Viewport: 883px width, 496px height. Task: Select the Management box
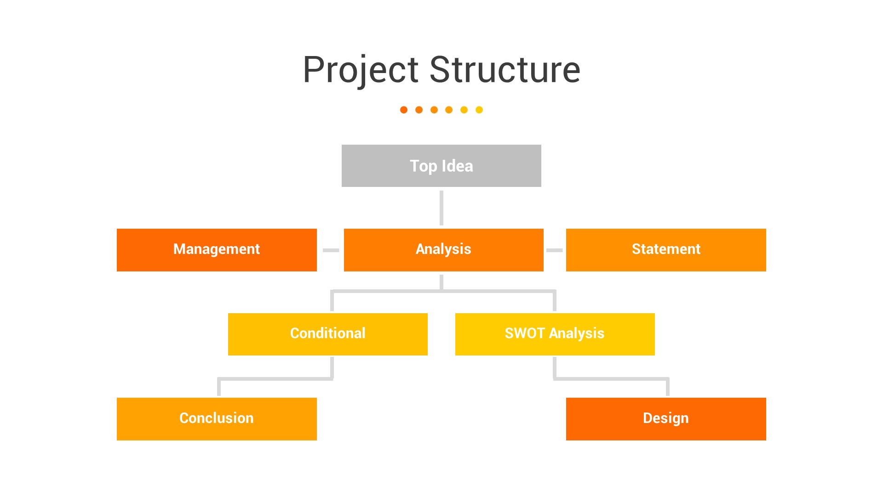217,250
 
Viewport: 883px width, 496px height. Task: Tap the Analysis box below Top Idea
443,250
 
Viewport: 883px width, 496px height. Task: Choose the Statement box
665,250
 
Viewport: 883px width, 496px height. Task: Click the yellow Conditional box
327,334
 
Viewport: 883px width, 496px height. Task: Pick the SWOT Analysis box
555,334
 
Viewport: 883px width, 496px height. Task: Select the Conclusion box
217,418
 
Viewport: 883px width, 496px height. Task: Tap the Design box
665,418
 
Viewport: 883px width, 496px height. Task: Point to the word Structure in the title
505,70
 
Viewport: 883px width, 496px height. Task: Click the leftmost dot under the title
404,110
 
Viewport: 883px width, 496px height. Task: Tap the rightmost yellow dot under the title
479,110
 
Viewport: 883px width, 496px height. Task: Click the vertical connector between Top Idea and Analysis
441,208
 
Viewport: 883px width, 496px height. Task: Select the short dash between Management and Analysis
331,250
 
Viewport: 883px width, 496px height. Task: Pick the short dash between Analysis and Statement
554,250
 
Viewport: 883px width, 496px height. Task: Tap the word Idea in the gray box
457,166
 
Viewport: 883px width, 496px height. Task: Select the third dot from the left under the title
434,110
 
